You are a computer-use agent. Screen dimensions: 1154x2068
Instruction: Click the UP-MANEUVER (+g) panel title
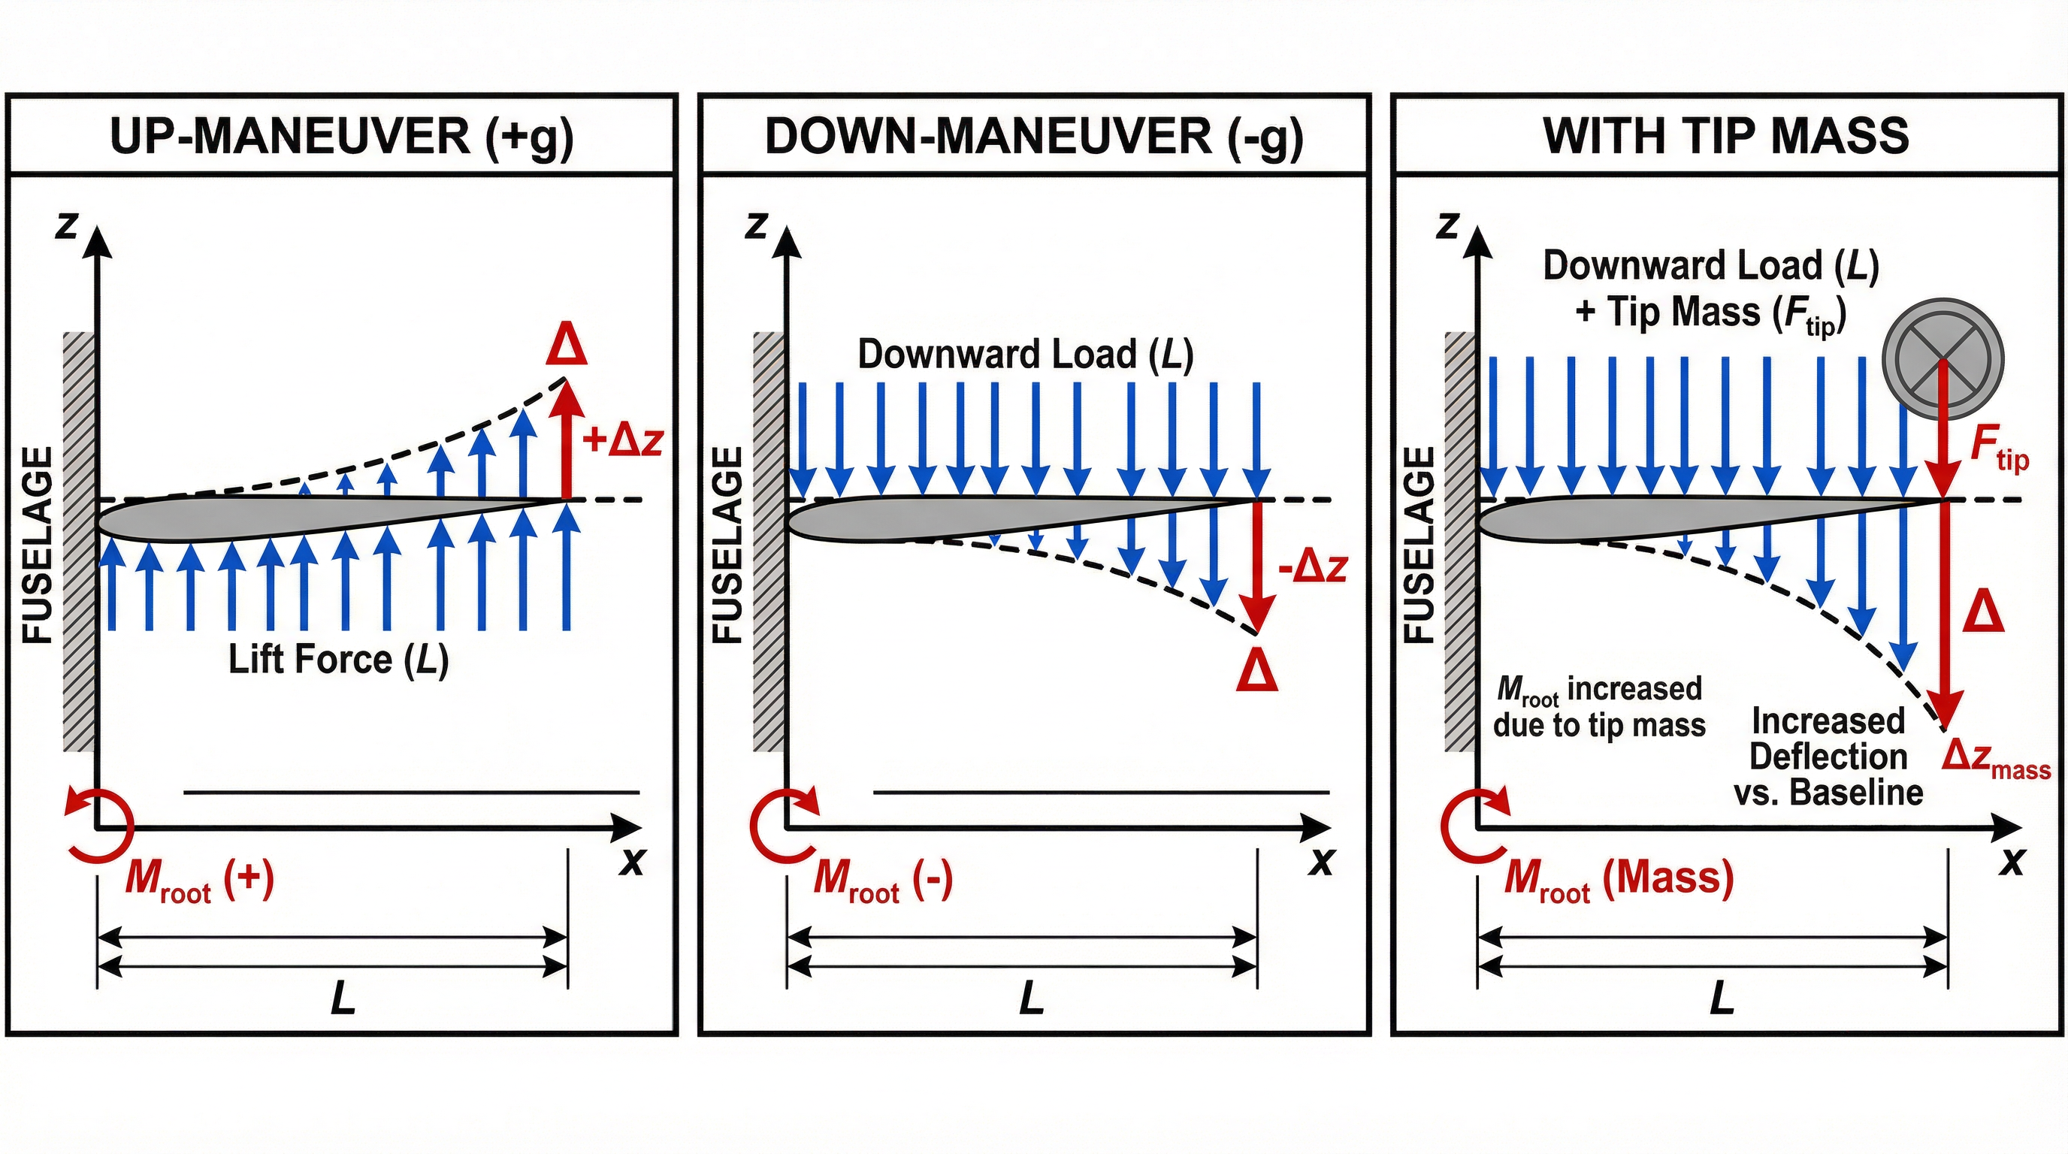(x=341, y=137)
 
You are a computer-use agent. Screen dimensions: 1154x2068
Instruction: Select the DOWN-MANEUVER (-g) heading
(x=1033, y=137)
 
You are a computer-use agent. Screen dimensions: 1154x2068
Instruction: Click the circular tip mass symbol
(x=1943, y=358)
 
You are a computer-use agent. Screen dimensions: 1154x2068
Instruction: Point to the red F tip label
(x=1998, y=450)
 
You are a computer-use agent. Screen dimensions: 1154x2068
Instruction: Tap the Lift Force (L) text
(x=338, y=660)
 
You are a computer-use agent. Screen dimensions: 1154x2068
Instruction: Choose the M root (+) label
(x=199, y=880)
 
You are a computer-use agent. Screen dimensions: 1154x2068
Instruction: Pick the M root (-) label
(x=882, y=880)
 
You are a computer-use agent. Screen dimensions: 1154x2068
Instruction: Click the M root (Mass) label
(x=1619, y=880)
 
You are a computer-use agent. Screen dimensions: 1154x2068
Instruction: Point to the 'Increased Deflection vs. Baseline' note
(x=1828, y=757)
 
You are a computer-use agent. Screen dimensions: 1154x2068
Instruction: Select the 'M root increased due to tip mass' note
(x=1598, y=707)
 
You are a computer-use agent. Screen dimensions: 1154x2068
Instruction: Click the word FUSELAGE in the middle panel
(x=727, y=545)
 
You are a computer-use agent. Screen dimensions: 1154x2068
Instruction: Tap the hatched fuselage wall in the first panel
(x=79, y=542)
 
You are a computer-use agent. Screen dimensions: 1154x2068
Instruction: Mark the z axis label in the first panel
(x=66, y=226)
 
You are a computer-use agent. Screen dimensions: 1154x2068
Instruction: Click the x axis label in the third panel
(x=2012, y=862)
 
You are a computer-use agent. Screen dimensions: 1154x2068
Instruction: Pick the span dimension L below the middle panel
(x=1031, y=999)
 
